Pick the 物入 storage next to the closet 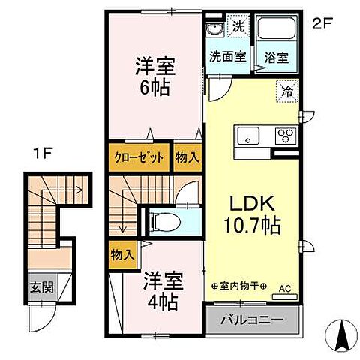[187, 158]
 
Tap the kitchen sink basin [248, 136]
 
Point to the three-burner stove [285, 136]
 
